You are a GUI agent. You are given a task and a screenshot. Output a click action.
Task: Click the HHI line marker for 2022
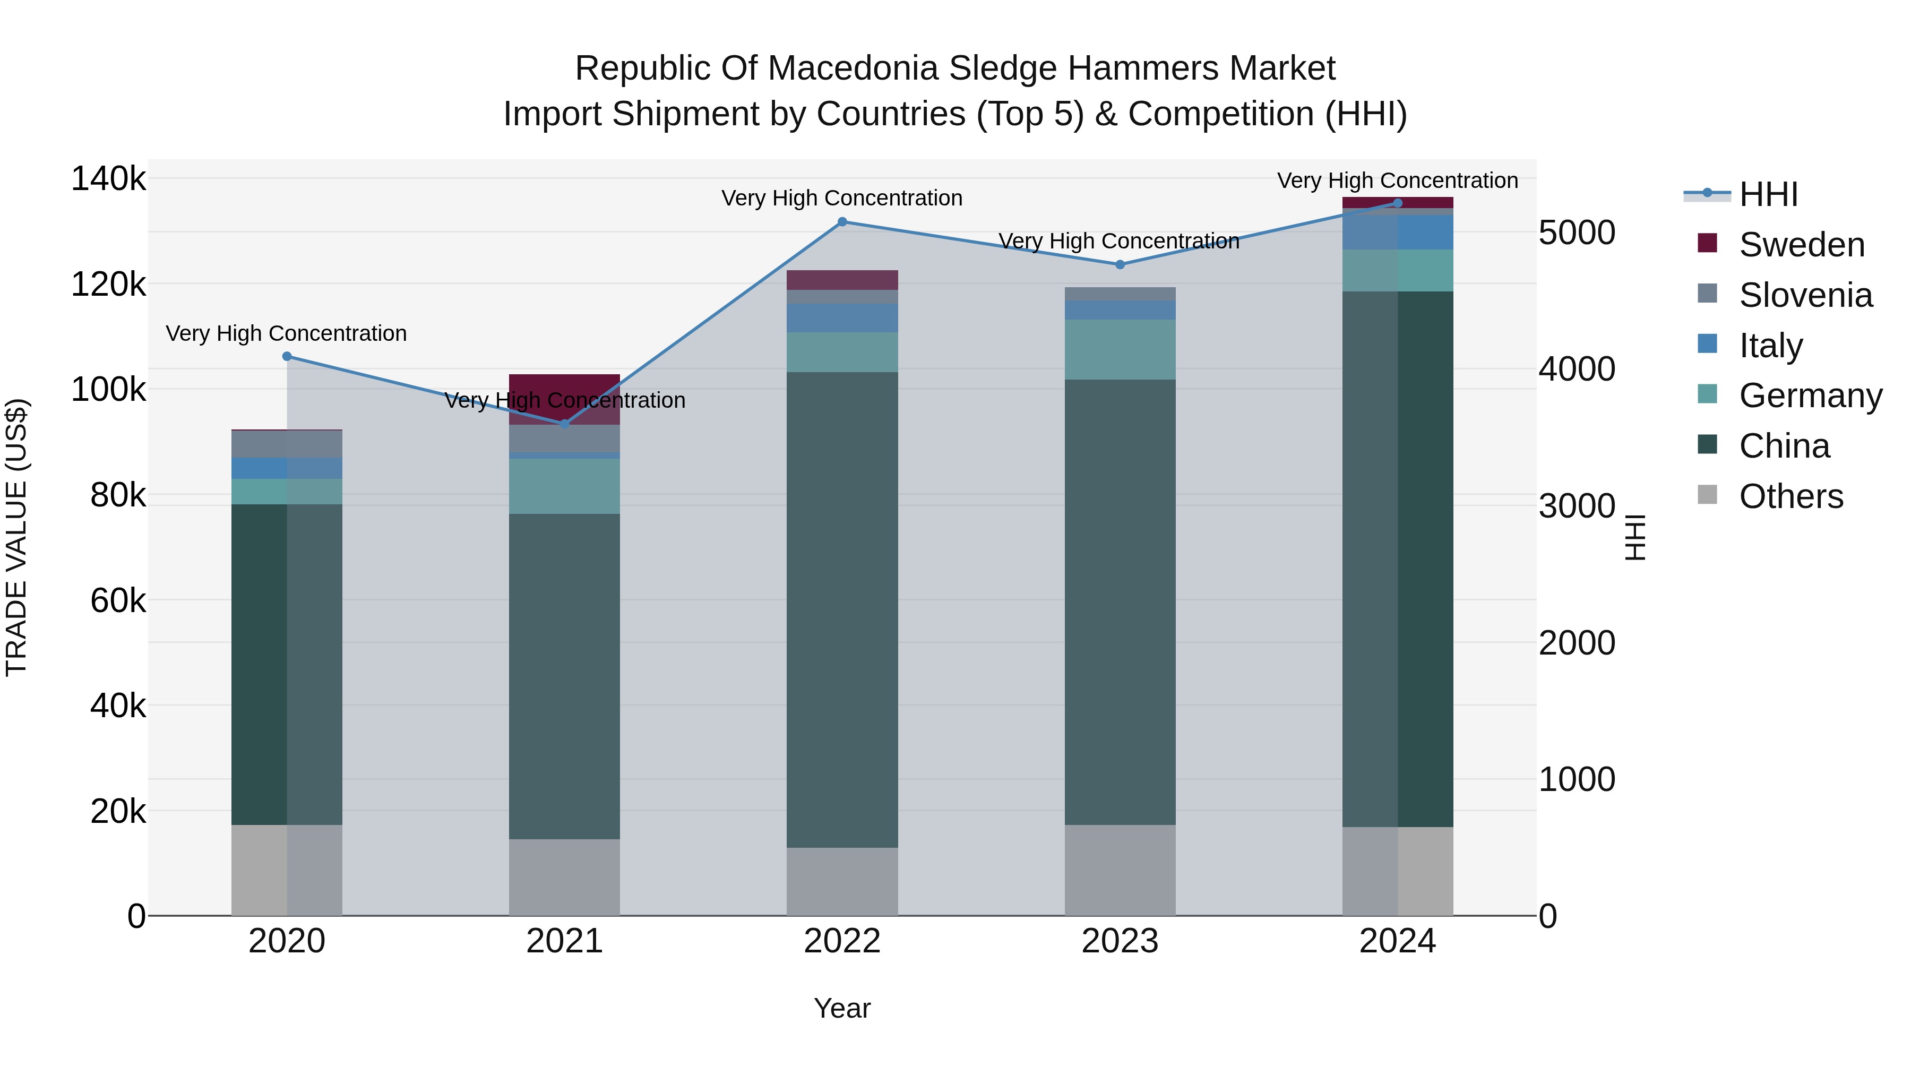842,222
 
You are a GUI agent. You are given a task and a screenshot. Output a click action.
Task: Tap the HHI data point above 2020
287,356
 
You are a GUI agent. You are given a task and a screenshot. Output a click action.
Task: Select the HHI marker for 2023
1120,264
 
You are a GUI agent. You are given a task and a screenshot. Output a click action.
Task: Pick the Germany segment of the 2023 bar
1120,349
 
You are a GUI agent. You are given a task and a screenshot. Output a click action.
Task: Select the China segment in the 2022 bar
842,608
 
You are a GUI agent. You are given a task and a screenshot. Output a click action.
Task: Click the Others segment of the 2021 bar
565,877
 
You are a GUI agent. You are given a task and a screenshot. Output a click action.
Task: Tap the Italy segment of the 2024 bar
1398,232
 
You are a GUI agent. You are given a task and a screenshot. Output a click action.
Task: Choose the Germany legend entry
1810,395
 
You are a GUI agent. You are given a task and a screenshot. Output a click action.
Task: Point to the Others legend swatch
1707,495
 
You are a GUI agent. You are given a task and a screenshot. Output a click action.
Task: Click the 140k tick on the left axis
108,179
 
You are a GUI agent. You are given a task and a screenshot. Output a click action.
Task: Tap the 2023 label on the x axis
1120,941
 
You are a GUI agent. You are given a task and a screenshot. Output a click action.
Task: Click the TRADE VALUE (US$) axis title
16,537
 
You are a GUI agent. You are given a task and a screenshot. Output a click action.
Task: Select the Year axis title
842,1008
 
